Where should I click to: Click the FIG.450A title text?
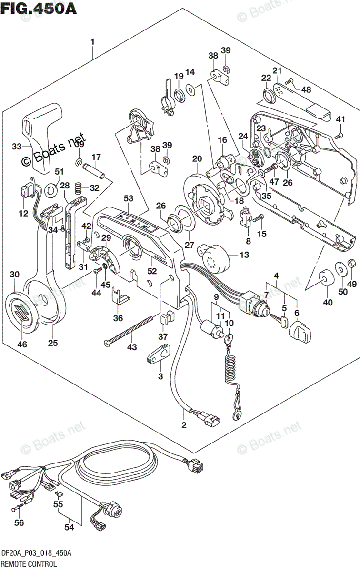pos(38,10)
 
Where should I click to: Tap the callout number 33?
pos(17,147)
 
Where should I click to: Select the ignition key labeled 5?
pos(279,320)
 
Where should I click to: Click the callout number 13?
pos(244,255)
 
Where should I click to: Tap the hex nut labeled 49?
pos(351,263)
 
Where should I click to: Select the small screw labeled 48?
pos(290,81)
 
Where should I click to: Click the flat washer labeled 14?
pos(190,89)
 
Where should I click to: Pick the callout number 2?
pos(184,424)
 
